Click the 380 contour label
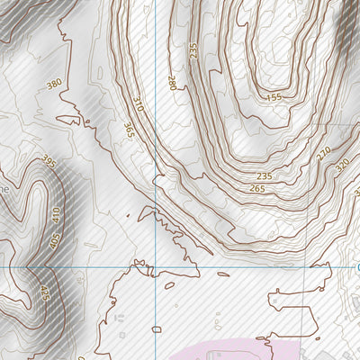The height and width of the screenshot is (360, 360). [54, 84]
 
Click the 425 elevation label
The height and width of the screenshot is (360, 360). [42, 292]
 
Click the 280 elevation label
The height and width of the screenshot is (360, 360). [172, 83]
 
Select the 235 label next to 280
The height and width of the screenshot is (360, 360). [193, 51]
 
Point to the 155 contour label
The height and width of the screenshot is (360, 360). [274, 96]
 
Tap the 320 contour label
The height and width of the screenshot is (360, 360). [341, 166]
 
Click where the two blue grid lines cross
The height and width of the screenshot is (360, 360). [156, 267]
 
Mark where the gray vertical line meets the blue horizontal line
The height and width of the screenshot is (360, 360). [303, 267]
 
